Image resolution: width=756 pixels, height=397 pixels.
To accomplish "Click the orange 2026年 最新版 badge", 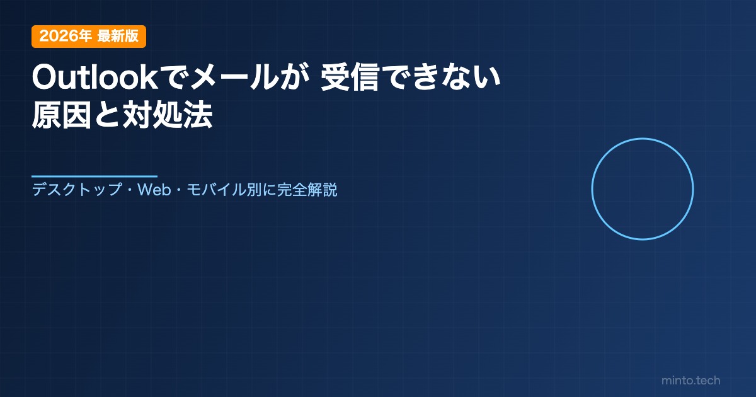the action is [x=89, y=37].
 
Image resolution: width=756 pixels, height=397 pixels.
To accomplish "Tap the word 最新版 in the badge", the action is [x=118, y=36].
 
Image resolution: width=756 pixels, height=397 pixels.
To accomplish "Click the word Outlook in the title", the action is [x=95, y=78].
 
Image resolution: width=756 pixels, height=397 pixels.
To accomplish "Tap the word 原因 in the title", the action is [x=62, y=115].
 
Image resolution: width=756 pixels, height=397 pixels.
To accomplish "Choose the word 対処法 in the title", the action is [x=168, y=115].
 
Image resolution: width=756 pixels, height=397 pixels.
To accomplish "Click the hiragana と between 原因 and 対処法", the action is [x=107, y=115].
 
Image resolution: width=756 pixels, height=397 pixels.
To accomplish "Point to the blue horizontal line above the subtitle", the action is [x=94, y=176].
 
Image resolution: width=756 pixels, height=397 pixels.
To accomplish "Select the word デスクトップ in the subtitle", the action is [x=77, y=190].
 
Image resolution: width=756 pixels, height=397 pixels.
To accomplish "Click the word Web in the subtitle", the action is [x=154, y=190].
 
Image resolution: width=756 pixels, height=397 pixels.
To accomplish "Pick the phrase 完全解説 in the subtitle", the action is [x=307, y=190].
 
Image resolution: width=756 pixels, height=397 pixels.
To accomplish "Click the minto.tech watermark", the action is [x=691, y=381].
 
